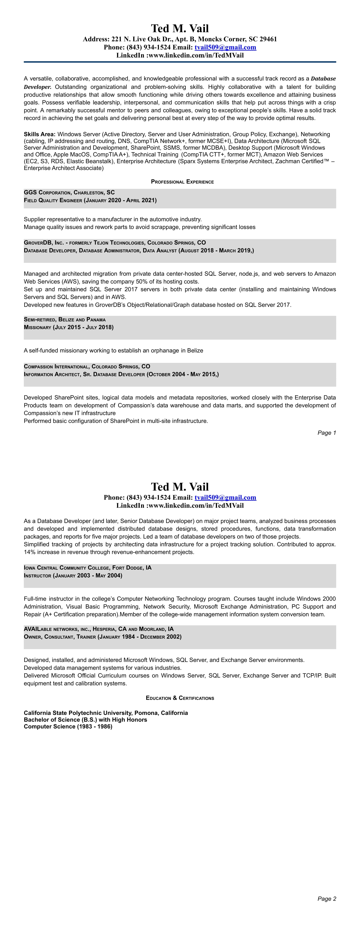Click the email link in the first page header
225,47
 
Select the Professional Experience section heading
182,182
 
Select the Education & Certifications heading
180,698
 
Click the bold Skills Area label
39,134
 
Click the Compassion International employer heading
56,366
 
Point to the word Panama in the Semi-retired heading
96,319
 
